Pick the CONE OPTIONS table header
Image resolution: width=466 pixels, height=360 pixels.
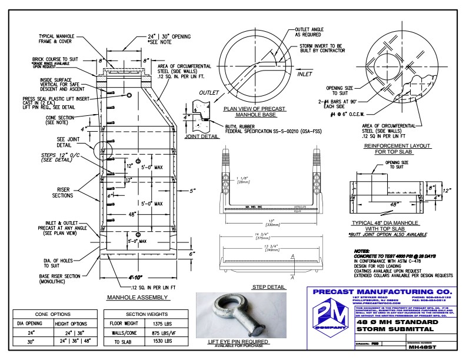click(55, 314)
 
